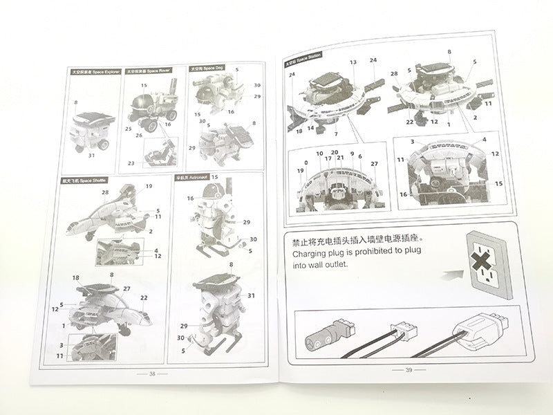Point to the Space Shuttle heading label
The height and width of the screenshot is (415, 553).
pos(84,181)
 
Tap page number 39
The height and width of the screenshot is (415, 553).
pos(408,369)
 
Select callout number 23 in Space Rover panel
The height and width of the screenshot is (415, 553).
pos(131,163)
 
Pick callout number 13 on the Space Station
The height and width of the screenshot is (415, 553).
pos(353,62)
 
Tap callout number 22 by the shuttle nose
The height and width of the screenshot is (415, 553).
pos(144,298)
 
